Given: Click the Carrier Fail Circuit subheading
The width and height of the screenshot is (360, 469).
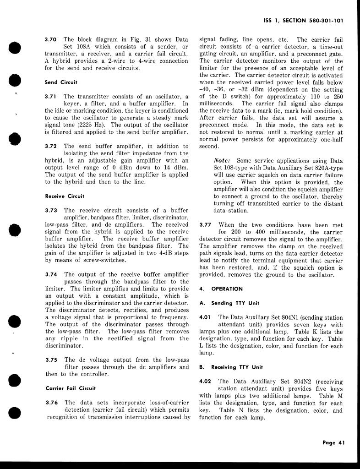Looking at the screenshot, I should pyautogui.click(x=71, y=388).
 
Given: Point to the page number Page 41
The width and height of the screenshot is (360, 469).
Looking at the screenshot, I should pyautogui.click(x=333, y=442).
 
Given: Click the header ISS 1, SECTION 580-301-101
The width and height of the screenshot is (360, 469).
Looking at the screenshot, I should pyautogui.click(x=304, y=21).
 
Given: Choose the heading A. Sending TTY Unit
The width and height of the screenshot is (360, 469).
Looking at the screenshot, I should pyautogui.click(x=229, y=303).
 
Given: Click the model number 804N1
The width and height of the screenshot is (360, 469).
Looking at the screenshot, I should pyautogui.click(x=292, y=317).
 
